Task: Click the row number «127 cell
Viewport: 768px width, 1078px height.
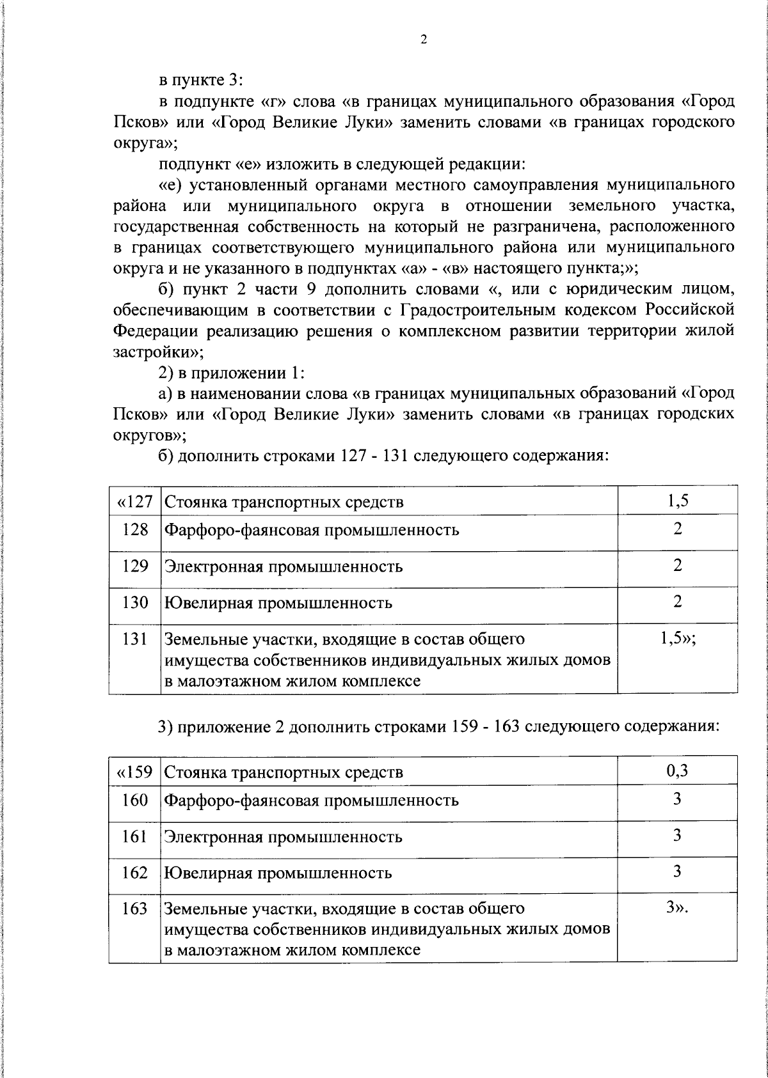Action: [x=134, y=501]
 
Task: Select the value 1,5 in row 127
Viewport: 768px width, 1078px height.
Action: [x=677, y=501]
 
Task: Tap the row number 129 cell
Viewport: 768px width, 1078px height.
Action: [x=134, y=566]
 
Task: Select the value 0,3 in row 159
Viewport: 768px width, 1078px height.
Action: [x=677, y=771]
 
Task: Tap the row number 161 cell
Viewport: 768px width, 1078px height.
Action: [x=134, y=836]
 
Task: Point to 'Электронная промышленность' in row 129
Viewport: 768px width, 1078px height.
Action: [x=284, y=566]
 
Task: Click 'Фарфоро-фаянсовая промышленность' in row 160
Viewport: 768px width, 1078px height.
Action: [x=312, y=800]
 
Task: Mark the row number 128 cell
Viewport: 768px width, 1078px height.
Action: [x=134, y=530]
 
